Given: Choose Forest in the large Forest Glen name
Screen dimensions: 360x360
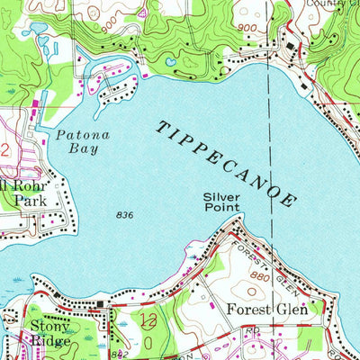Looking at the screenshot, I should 247,310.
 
